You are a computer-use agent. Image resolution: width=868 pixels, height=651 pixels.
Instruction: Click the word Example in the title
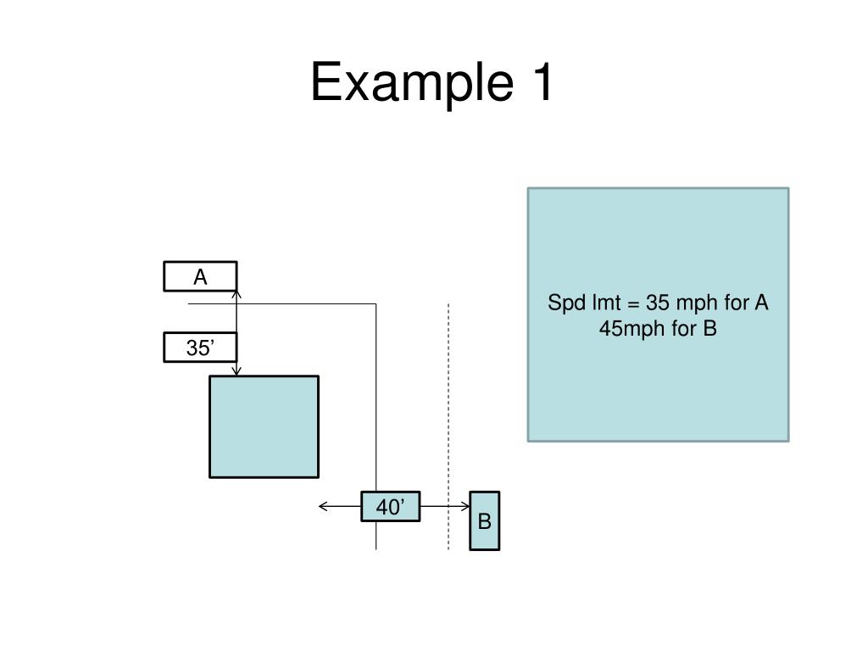point(413,82)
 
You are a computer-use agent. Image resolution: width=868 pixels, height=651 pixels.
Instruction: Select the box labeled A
point(200,276)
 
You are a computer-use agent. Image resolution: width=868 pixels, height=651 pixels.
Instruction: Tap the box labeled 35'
point(200,347)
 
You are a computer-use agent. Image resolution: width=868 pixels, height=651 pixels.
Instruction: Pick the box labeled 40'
point(391,507)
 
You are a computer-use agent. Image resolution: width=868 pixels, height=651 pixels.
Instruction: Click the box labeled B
point(485,521)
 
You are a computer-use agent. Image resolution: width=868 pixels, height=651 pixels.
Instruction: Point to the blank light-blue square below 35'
point(264,427)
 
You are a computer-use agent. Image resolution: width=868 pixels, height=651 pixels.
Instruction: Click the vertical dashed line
point(448,427)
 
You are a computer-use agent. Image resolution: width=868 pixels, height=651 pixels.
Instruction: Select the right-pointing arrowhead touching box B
point(465,506)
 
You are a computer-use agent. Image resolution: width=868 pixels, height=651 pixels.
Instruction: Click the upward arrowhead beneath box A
point(236,295)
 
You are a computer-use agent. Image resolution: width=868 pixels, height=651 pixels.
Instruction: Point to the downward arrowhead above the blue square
point(236,371)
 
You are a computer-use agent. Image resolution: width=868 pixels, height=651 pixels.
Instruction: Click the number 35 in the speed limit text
point(658,303)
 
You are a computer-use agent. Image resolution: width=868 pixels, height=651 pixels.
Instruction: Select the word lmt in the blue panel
point(607,303)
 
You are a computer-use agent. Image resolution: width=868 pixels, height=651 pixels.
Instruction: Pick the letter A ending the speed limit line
point(761,303)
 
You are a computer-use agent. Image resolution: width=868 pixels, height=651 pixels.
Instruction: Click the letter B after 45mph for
point(710,329)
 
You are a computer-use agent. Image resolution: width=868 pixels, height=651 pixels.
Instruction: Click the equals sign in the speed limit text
point(633,304)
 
